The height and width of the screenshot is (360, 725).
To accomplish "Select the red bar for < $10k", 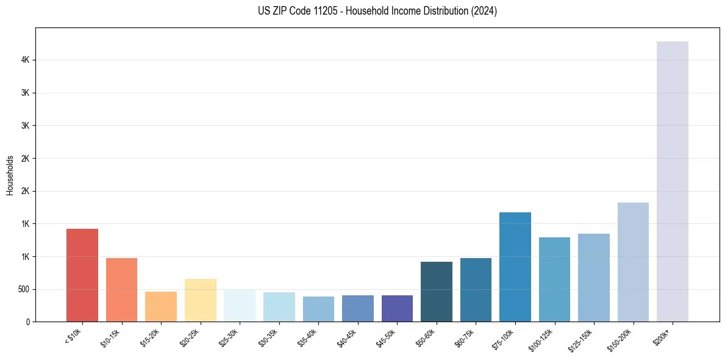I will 82,275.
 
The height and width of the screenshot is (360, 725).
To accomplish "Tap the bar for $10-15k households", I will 121,290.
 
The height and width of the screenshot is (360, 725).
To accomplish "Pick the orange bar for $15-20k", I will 161,307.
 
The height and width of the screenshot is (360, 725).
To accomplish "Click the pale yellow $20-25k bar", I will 200,300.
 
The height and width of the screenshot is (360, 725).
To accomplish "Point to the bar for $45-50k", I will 397,309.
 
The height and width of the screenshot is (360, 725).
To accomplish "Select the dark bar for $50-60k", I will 437,292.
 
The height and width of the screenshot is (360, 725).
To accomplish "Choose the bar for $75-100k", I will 515,267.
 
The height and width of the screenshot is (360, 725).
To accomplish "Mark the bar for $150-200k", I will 633,262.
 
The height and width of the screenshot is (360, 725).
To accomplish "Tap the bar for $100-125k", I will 554,279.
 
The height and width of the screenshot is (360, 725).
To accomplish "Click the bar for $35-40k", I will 318,309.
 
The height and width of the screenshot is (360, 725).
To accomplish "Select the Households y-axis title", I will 10,175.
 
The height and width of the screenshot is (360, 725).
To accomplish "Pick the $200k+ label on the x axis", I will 662,336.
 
